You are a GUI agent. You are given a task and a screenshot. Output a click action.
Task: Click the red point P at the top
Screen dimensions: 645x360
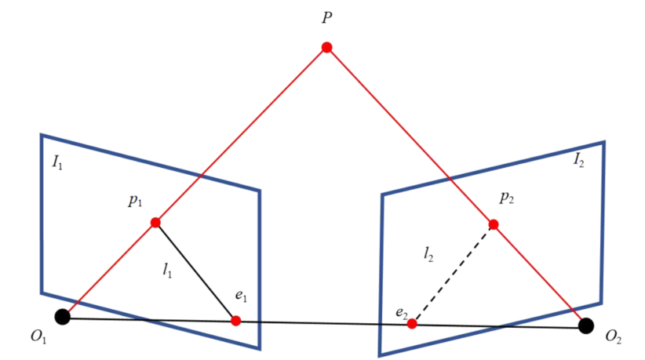click(x=326, y=48)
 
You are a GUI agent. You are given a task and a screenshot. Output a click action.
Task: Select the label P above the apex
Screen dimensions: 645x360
click(x=326, y=18)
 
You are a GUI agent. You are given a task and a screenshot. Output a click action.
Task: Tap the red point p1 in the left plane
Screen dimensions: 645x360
click(x=155, y=222)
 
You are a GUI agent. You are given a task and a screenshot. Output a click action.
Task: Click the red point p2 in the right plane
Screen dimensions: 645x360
click(x=494, y=224)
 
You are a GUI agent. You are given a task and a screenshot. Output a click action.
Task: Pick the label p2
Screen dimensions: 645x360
click(x=506, y=197)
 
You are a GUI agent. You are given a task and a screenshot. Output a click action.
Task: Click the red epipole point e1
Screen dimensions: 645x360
click(x=236, y=321)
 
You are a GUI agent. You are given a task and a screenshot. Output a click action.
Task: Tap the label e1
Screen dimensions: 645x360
click(x=241, y=298)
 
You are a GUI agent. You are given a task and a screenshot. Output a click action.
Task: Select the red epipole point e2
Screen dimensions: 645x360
click(x=412, y=323)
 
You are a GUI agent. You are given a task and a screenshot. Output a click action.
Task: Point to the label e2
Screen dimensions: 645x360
click(x=401, y=314)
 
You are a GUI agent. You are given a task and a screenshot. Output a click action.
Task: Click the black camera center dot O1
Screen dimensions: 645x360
click(x=63, y=317)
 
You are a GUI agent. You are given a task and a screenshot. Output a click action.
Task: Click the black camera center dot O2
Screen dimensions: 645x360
click(x=585, y=325)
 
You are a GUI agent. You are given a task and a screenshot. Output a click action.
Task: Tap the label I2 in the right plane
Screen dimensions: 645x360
click(x=578, y=161)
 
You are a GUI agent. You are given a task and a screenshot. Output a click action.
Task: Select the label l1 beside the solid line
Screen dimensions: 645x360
click(x=167, y=271)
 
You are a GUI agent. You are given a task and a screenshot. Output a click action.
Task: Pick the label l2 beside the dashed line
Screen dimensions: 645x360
click(x=428, y=253)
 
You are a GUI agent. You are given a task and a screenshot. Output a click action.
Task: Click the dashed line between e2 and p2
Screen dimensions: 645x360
click(x=453, y=274)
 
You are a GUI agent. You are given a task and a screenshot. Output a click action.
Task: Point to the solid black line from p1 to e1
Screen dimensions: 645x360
click(x=196, y=272)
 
